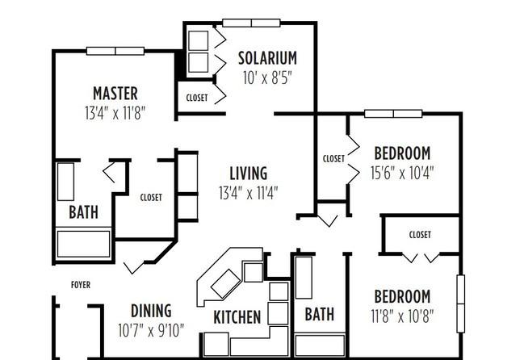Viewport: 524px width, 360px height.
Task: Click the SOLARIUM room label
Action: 267,58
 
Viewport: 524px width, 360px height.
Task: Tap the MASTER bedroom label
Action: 115,94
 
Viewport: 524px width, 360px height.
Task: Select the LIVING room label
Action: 249,174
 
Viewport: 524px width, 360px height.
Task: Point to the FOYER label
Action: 81,285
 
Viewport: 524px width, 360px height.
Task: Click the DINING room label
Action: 151,311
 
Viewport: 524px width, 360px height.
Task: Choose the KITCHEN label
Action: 237,317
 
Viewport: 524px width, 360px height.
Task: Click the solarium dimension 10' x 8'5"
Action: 267,78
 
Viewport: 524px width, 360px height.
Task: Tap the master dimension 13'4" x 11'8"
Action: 115,113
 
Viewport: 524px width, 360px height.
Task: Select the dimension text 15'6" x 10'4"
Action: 402,173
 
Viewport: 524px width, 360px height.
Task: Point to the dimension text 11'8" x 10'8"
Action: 402,316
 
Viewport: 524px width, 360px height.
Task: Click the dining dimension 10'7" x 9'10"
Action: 151,331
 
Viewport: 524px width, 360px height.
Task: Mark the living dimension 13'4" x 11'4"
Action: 249,193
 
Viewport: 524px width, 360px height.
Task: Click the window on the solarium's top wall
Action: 251,23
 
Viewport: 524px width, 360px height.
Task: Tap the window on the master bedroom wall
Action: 115,51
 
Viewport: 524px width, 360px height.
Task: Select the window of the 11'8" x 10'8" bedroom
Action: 461,303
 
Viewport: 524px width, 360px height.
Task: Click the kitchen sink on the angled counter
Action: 225,283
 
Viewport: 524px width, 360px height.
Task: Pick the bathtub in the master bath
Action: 83,244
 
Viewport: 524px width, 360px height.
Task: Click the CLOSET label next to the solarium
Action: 197,98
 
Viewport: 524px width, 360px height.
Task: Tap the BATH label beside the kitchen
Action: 319,314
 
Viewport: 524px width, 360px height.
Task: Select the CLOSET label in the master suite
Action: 151,198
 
